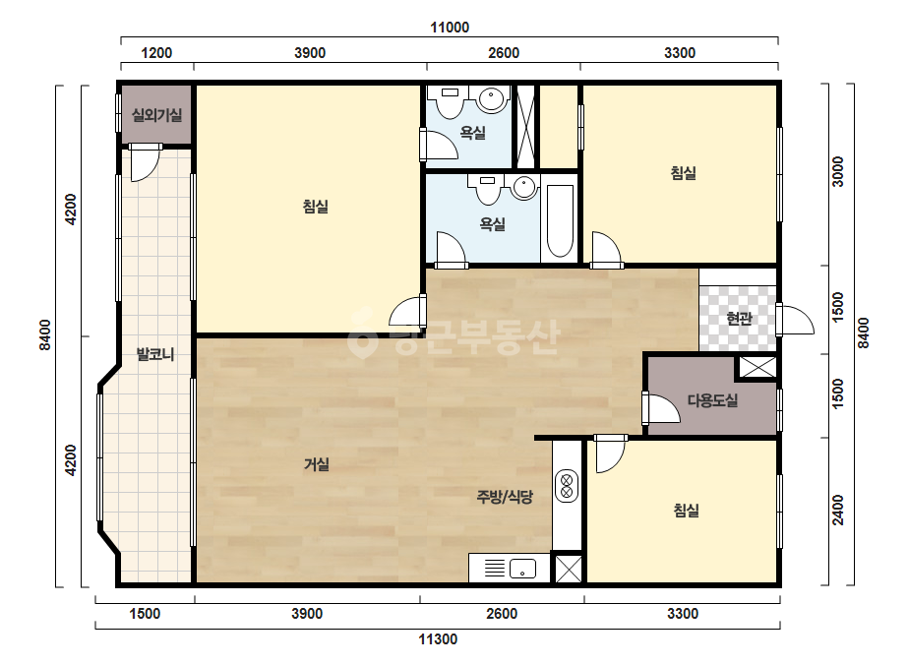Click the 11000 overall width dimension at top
coord(450,28)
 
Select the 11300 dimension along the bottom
coord(438,639)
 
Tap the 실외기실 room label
coord(157,115)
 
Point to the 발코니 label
coord(155,354)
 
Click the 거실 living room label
coord(316,464)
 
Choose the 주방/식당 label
coord(505,497)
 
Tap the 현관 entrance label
coord(739,318)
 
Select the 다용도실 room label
coord(712,400)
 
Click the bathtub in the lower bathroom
coord(560,220)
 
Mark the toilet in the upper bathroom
coord(450,101)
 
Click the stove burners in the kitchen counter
coord(567,485)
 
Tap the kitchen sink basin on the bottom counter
coord(522,569)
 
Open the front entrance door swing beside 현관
coord(796,319)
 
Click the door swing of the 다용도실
coord(660,408)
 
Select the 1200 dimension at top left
coord(156,53)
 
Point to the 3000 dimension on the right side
coord(838,171)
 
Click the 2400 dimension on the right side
coord(838,511)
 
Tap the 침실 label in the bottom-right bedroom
coord(687,511)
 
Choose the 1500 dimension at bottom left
coord(145,614)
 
